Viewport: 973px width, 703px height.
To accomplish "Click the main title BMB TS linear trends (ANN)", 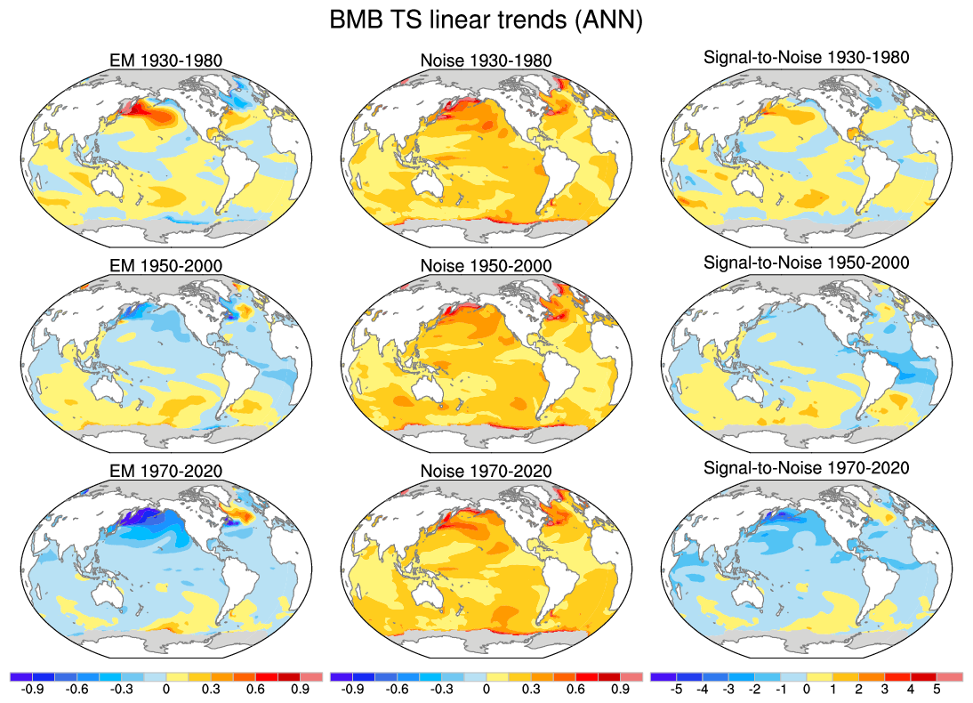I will [486, 20].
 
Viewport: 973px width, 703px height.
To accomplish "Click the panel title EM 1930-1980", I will [161, 61].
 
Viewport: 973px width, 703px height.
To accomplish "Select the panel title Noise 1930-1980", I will [486, 61].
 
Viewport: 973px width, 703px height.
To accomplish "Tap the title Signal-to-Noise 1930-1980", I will [806, 58].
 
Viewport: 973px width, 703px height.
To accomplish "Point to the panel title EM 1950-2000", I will [161, 266].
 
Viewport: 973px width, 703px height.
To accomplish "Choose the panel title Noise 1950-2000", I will [486, 266].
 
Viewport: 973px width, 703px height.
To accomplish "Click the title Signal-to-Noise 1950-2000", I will [806, 263].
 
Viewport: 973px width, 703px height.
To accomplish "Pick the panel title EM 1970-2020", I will [161, 471].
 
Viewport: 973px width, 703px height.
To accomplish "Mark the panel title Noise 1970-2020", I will [486, 471].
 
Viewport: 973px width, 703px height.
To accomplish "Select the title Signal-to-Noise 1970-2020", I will [806, 467].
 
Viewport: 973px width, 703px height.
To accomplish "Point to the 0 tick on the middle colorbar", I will [486, 689].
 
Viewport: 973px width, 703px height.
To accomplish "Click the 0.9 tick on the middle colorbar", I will [620, 689].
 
